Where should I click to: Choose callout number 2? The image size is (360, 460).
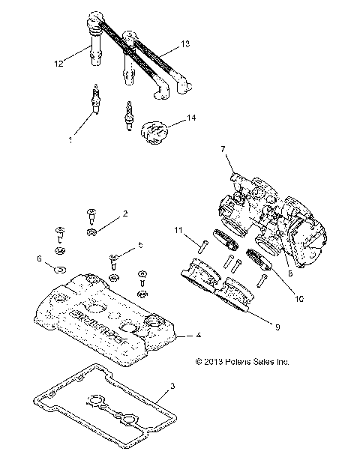[x=124, y=214]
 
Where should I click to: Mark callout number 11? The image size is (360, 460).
[x=178, y=229]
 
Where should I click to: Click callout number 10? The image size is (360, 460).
[x=299, y=297]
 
